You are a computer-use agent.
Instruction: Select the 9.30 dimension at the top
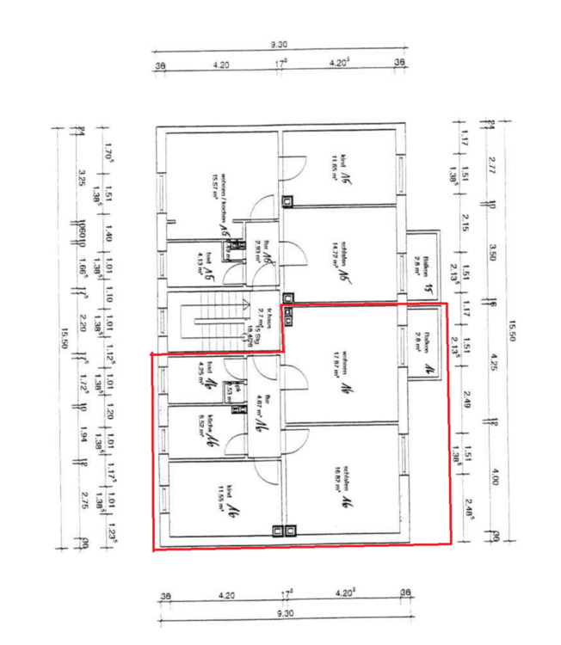(278, 45)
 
